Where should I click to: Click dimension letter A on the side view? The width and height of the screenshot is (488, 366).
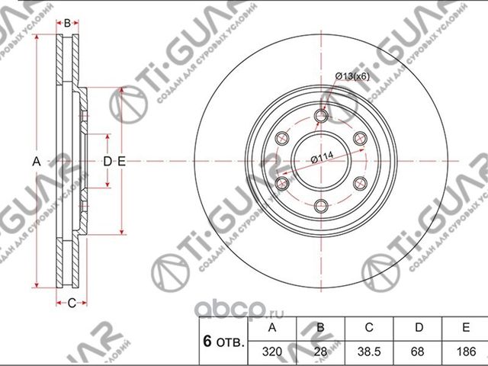coord(36,161)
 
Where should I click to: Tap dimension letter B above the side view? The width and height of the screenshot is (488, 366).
coord(67,24)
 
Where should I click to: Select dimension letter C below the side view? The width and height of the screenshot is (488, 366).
coord(72,303)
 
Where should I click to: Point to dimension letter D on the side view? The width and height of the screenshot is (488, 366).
coord(108,161)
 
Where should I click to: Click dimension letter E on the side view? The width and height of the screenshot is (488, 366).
coord(121,161)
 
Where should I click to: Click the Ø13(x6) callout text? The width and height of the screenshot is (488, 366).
coord(351,75)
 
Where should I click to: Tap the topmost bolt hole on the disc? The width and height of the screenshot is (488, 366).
coord(321,116)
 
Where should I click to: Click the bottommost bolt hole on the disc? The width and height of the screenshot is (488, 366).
coord(321,204)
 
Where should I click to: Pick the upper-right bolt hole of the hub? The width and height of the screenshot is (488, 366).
coord(359,138)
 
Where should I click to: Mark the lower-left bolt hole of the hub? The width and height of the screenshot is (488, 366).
coord(283,183)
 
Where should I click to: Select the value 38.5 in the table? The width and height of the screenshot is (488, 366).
coord(369,352)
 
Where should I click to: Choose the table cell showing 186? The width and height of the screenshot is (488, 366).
coord(464,352)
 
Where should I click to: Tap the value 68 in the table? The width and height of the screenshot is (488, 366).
coord(417,352)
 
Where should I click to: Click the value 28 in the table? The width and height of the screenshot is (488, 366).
coord(321,352)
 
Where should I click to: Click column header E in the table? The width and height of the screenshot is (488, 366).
coord(464,328)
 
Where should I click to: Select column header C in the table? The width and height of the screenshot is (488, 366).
coord(369,328)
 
